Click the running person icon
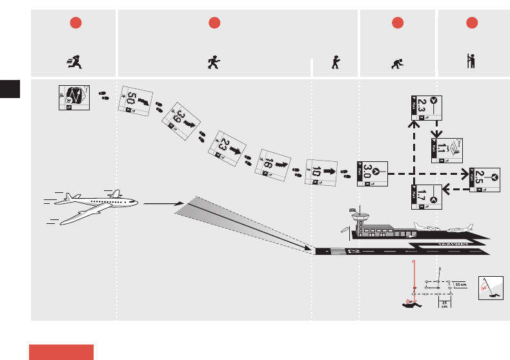click(x=74, y=62)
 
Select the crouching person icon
click(x=398, y=63)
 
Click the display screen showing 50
click(x=136, y=101)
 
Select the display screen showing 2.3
click(x=427, y=106)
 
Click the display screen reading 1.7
click(x=425, y=196)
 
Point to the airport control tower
click(x=359, y=220)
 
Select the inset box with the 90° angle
click(x=490, y=288)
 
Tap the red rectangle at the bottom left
click(x=61, y=352)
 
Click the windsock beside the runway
click(x=352, y=209)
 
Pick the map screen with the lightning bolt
click(x=74, y=98)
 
